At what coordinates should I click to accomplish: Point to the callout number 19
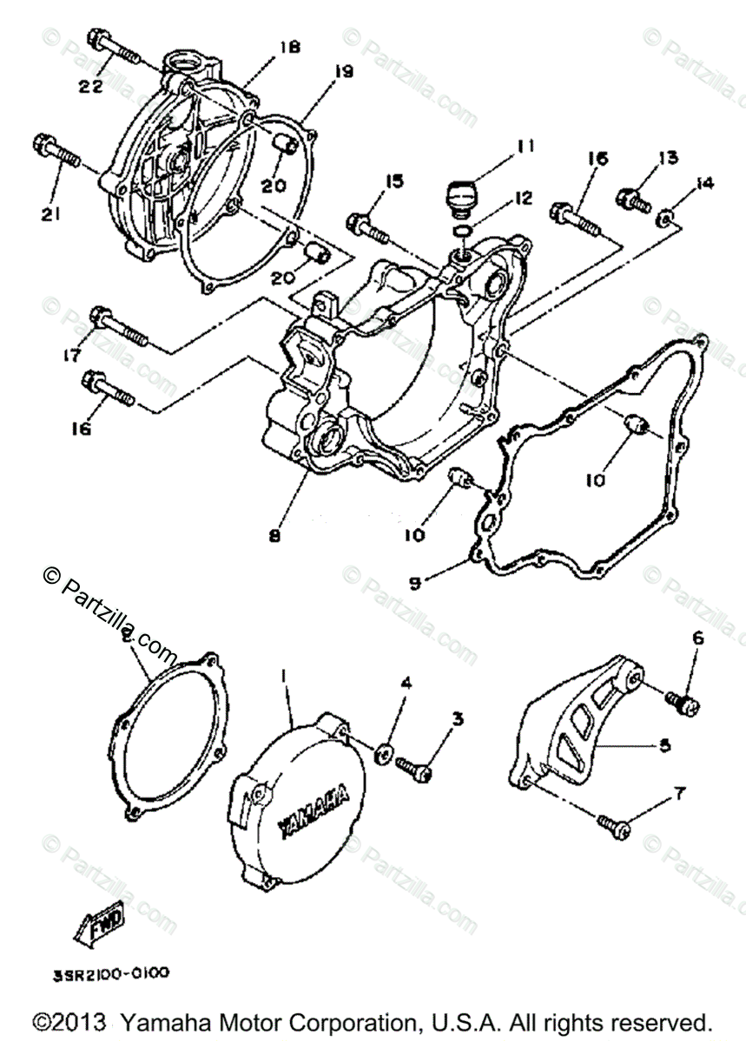343,73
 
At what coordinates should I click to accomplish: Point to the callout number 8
274,535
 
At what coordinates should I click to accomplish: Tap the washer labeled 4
382,751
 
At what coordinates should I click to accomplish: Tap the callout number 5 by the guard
664,745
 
